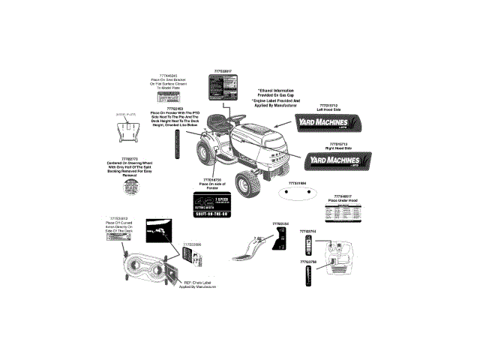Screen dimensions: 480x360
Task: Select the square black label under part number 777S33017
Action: pos(219,86)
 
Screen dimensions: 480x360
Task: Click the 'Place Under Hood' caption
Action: pos(341,200)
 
